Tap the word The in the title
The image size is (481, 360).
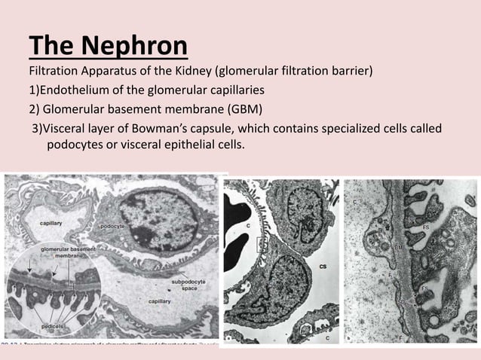52,47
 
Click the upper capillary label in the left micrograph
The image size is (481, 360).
51,223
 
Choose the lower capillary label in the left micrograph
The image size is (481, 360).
158,301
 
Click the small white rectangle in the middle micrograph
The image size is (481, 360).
261,243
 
